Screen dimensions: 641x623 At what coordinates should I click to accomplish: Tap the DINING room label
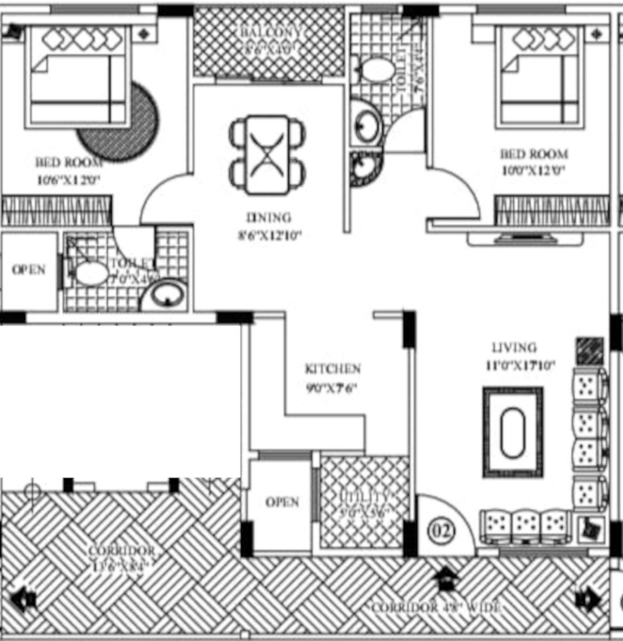[269, 217]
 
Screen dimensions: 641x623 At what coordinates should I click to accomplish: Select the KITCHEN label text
[332, 369]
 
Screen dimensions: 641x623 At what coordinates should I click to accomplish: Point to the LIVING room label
[514, 347]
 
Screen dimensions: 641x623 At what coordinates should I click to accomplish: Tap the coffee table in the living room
[513, 432]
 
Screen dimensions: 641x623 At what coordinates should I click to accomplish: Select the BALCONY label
[269, 33]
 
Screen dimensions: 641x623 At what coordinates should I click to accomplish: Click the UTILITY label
[364, 497]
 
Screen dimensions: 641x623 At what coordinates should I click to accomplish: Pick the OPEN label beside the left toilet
[29, 270]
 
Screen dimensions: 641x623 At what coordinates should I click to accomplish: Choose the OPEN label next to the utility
[282, 502]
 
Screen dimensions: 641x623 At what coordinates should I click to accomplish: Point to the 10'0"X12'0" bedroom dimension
[534, 170]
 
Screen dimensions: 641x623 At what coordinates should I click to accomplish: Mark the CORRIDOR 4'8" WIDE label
[436, 608]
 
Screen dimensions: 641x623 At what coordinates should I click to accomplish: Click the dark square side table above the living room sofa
[590, 351]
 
